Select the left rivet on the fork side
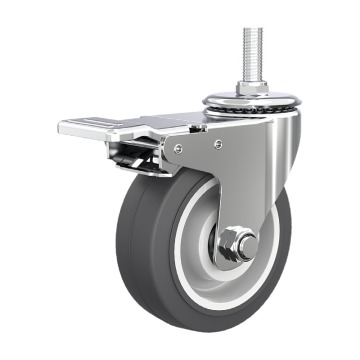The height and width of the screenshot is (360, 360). (x=177, y=148)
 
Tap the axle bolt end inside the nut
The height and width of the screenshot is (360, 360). (x=237, y=244)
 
